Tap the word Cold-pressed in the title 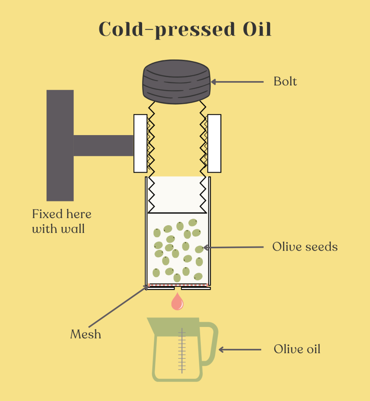(x=167, y=30)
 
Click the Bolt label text (x=285, y=81)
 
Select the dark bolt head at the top (x=177, y=82)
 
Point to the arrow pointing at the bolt (x=237, y=82)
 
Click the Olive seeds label (x=305, y=247)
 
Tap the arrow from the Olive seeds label (x=233, y=247)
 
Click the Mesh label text (x=86, y=334)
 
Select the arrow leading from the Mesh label (x=118, y=306)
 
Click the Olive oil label (x=297, y=349)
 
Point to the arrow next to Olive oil (x=240, y=350)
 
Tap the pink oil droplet (x=177, y=302)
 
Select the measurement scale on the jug (x=182, y=350)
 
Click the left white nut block (x=141, y=143)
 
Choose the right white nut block (x=214, y=143)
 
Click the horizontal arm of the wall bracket (x=103, y=146)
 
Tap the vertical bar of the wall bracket (x=60, y=145)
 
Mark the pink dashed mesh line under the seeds (x=178, y=285)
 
